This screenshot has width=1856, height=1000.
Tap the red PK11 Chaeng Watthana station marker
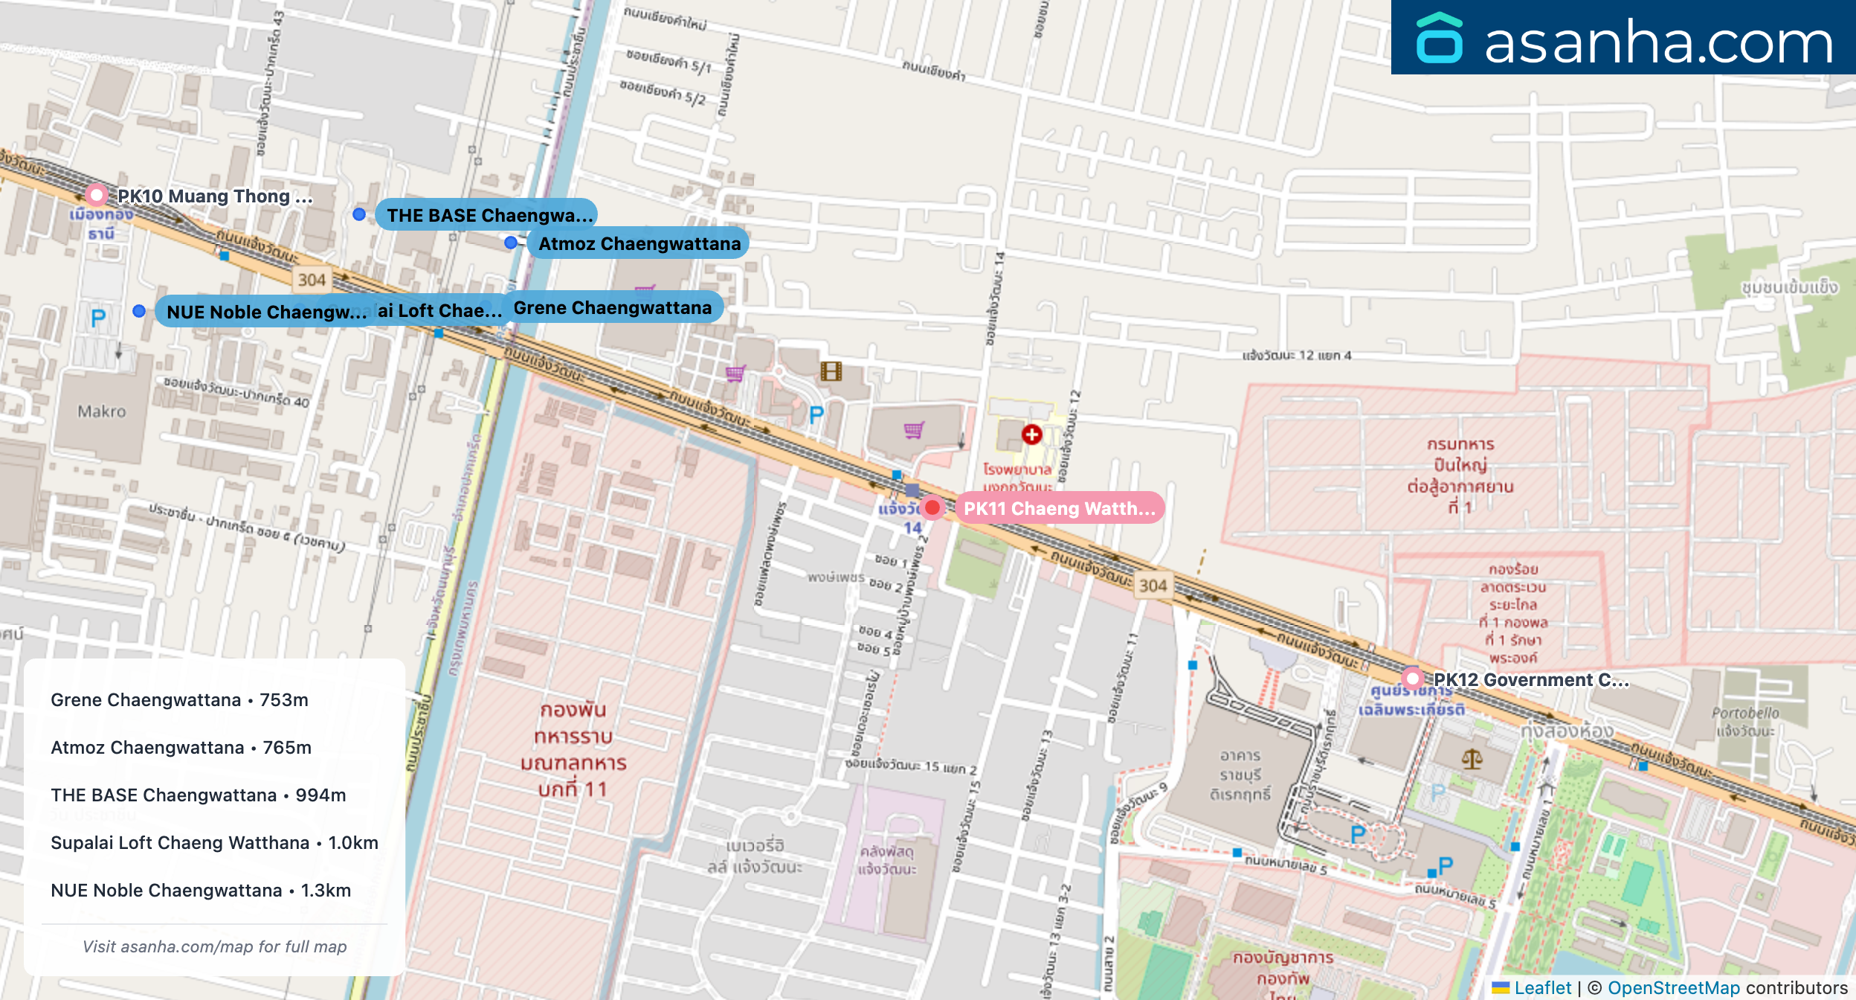click(932, 507)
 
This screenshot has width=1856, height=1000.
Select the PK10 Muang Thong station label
click(214, 196)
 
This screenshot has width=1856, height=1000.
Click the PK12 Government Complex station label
click(1530, 679)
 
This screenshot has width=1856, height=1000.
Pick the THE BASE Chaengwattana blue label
click(489, 215)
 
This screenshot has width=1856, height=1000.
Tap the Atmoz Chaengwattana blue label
click(639, 243)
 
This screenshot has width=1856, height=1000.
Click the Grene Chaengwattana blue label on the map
click(612, 307)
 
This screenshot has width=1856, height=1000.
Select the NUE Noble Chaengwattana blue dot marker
click(139, 311)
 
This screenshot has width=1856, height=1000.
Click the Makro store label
click(102, 411)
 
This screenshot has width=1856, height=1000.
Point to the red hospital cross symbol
click(1031, 435)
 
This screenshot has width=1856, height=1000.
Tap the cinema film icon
click(831, 371)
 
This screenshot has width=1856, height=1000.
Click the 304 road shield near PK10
click(312, 280)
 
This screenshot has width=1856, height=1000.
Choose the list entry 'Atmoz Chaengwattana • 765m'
click(181, 747)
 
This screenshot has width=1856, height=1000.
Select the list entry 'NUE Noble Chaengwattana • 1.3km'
click(201, 890)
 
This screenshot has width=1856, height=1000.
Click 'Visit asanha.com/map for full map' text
click(214, 946)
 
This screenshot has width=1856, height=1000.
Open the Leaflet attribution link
click(1542, 987)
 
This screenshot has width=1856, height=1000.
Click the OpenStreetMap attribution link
click(1673, 987)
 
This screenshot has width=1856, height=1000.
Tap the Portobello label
click(1745, 714)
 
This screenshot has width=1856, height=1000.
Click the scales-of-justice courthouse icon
click(1472, 759)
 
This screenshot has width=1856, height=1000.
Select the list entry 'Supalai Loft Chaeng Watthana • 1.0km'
click(214, 842)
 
